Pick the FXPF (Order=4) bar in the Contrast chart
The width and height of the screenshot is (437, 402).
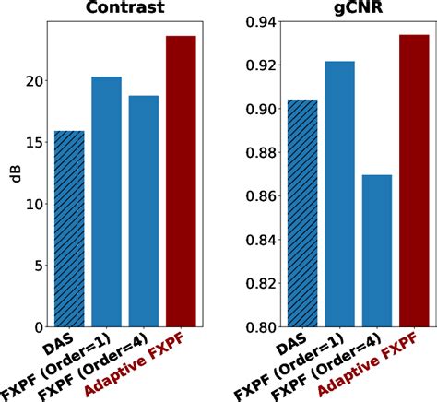(144, 211)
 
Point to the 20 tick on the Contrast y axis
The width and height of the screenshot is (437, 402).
(34, 81)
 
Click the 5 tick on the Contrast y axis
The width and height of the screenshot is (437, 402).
(39, 266)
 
